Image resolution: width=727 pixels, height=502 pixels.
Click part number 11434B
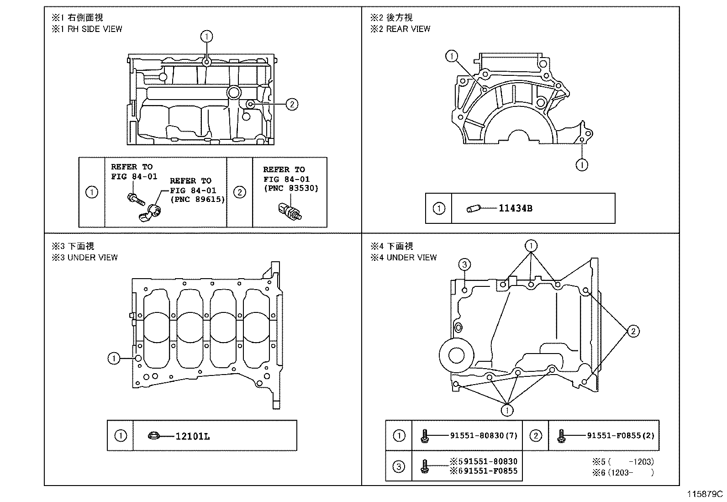pyautogui.click(x=515, y=208)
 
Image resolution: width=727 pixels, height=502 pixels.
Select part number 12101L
pyautogui.click(x=193, y=436)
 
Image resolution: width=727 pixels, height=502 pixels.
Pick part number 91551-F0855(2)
pyautogui.click(x=620, y=435)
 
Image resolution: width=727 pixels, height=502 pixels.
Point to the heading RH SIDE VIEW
pyautogui.click(x=95, y=29)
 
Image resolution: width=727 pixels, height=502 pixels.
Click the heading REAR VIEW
pyautogui.click(x=408, y=29)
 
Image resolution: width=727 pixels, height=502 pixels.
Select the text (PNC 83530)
pyautogui.click(x=291, y=188)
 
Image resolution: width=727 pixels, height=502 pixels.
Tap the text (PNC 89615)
pyautogui.click(x=197, y=200)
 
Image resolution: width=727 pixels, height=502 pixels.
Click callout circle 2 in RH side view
pyautogui.click(x=291, y=104)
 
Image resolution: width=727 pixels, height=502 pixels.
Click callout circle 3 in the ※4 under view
pyautogui.click(x=464, y=264)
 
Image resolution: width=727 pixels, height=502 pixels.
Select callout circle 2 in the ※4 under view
pyautogui.click(x=633, y=331)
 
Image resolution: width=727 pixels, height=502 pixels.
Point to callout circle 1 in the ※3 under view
pyautogui.click(x=114, y=359)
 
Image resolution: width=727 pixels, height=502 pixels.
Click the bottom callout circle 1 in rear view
pyautogui.click(x=582, y=164)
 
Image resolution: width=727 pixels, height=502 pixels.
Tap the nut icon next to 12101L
pyautogui.click(x=154, y=436)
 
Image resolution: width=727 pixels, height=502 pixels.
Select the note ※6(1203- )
pyautogui.click(x=623, y=472)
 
